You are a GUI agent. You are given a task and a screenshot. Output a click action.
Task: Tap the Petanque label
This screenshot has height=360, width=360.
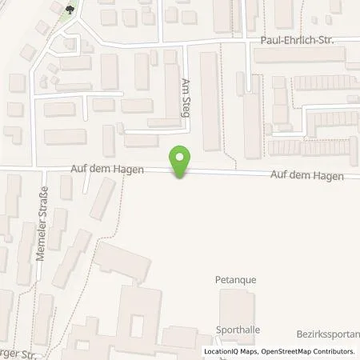234,280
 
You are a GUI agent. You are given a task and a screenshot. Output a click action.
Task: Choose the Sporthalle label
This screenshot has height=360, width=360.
238,329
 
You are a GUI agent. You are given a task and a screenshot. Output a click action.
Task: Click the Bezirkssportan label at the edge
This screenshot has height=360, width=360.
333,331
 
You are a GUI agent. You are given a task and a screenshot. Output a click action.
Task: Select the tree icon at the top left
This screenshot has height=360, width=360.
70,10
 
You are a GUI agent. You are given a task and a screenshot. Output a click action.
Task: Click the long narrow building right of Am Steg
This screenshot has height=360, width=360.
209,100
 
